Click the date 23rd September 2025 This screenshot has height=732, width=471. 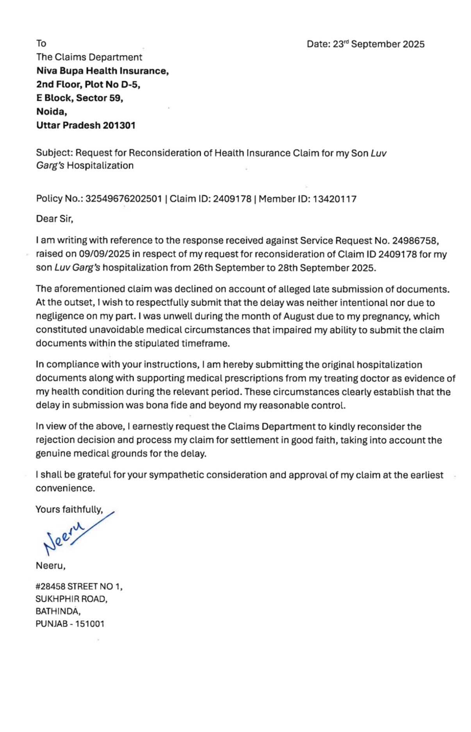pyautogui.click(x=378, y=44)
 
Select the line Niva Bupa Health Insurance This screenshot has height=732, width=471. pyautogui.click(x=102, y=71)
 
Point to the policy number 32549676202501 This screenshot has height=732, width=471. pyautogui.click(x=123, y=199)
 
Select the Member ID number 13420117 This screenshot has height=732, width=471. pyautogui.click(x=334, y=199)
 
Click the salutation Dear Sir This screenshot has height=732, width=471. pyautogui.click(x=54, y=219)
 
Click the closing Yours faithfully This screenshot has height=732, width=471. pyautogui.click(x=69, y=509)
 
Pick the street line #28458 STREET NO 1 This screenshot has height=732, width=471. pyautogui.click(x=79, y=586)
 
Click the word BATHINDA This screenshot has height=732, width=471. pyautogui.click(x=58, y=611)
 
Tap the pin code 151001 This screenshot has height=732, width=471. pyautogui.click(x=90, y=624)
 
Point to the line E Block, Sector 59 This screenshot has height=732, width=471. pyautogui.click(x=80, y=98)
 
